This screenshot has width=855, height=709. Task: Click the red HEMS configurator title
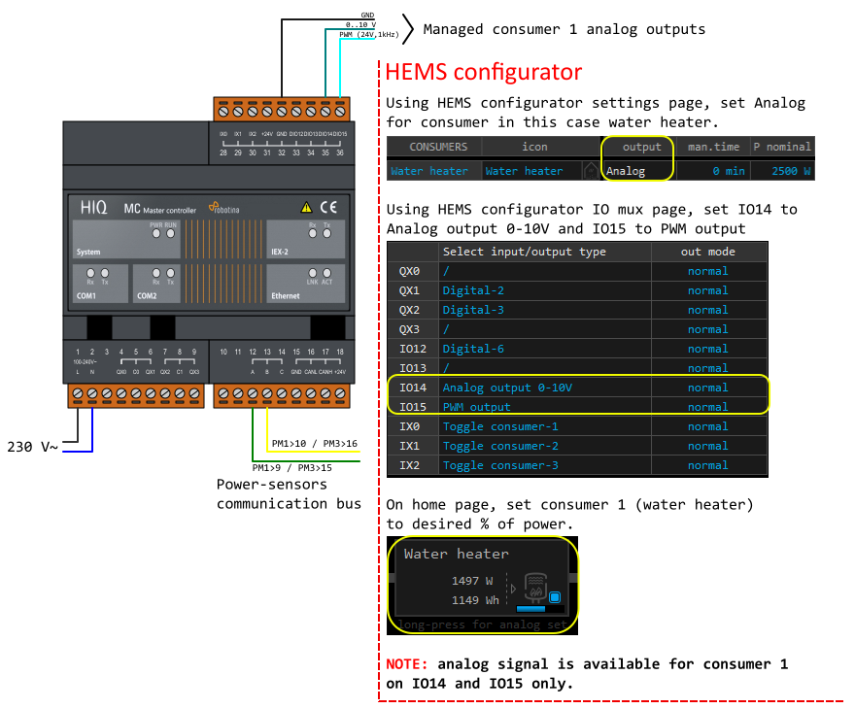484,72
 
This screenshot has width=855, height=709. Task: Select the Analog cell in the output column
625,171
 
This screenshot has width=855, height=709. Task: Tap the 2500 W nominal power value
790,171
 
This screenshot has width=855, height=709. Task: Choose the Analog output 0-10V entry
508,388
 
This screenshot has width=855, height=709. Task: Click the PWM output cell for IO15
477,407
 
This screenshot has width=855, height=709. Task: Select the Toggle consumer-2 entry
500,446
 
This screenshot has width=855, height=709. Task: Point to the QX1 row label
409,290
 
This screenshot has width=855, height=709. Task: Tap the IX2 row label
409,465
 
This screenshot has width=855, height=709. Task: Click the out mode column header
707,252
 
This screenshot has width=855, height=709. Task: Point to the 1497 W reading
472,581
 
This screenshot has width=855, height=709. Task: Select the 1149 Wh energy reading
475,600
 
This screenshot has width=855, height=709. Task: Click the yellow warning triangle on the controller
306,207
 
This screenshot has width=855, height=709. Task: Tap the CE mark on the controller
328,207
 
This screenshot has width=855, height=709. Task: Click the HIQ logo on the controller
94,207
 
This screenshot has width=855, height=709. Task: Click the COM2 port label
147,295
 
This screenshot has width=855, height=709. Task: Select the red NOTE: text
407,664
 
